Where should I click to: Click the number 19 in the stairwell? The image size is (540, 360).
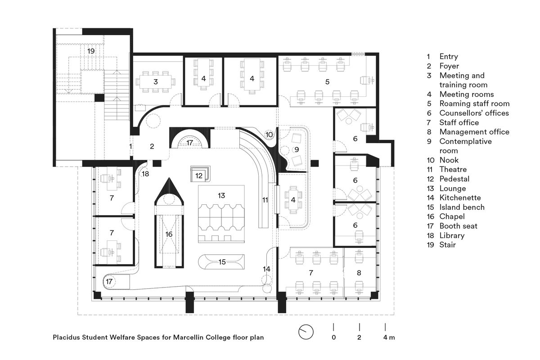[91, 51]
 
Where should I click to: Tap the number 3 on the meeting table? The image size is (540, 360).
[155, 82]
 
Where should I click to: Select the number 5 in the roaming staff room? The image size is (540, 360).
[327, 81]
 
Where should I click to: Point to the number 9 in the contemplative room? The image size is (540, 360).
[296, 149]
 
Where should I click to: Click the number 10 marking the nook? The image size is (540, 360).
[269, 135]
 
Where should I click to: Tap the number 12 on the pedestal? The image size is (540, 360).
[199, 174]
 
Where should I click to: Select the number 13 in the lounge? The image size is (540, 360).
[221, 196]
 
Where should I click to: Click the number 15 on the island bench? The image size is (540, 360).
[222, 261]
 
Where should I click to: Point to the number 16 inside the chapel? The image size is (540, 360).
[169, 234]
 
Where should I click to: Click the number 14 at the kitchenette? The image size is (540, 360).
[266, 269]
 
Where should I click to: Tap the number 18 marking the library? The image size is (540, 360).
[145, 174]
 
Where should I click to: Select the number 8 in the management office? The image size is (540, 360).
[359, 273]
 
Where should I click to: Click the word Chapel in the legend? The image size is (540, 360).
[452, 216]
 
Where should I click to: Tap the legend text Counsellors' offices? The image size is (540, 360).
[474, 113]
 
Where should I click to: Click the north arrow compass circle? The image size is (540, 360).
[306, 332]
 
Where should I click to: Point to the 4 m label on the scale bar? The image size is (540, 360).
[389, 337]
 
